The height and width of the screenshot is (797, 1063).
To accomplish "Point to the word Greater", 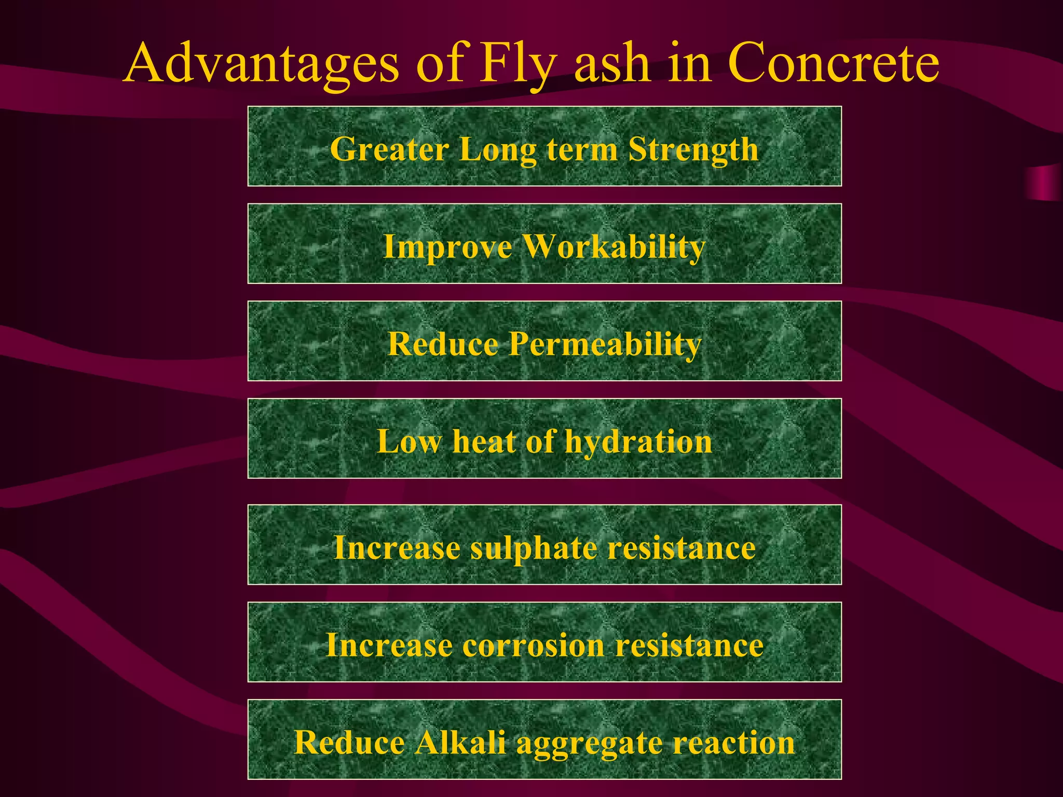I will tap(389, 149).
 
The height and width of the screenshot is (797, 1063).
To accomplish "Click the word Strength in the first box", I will tap(693, 149).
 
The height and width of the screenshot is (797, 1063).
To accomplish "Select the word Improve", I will tap(447, 246).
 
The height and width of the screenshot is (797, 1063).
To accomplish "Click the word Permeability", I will tap(605, 344).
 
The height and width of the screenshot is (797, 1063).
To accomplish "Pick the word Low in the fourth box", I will tap(409, 442).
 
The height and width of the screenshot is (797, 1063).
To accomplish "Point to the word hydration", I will tap(638, 442).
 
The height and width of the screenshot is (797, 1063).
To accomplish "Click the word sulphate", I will tap(534, 548).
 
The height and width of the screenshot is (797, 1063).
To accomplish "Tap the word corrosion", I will tap(533, 645).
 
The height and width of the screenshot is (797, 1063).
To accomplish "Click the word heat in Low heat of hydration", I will tap(484, 442).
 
